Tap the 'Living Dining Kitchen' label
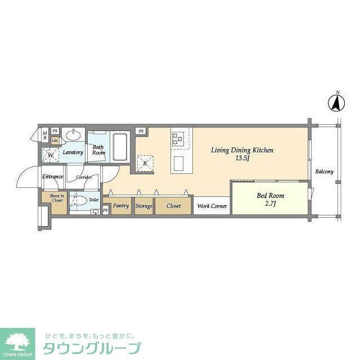point(242,150)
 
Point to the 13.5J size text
point(242,159)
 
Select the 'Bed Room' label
point(270,196)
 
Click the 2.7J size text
point(270,204)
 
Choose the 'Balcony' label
point(324,172)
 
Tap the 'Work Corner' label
point(212,206)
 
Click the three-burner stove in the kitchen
point(179,138)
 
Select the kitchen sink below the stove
point(179,164)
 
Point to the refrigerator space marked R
point(145,163)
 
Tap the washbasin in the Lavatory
point(73,135)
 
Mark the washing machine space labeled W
point(51,154)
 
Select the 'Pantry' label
point(121,206)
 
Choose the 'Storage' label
point(143,206)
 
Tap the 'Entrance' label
point(52,177)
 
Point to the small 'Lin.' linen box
point(55,140)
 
